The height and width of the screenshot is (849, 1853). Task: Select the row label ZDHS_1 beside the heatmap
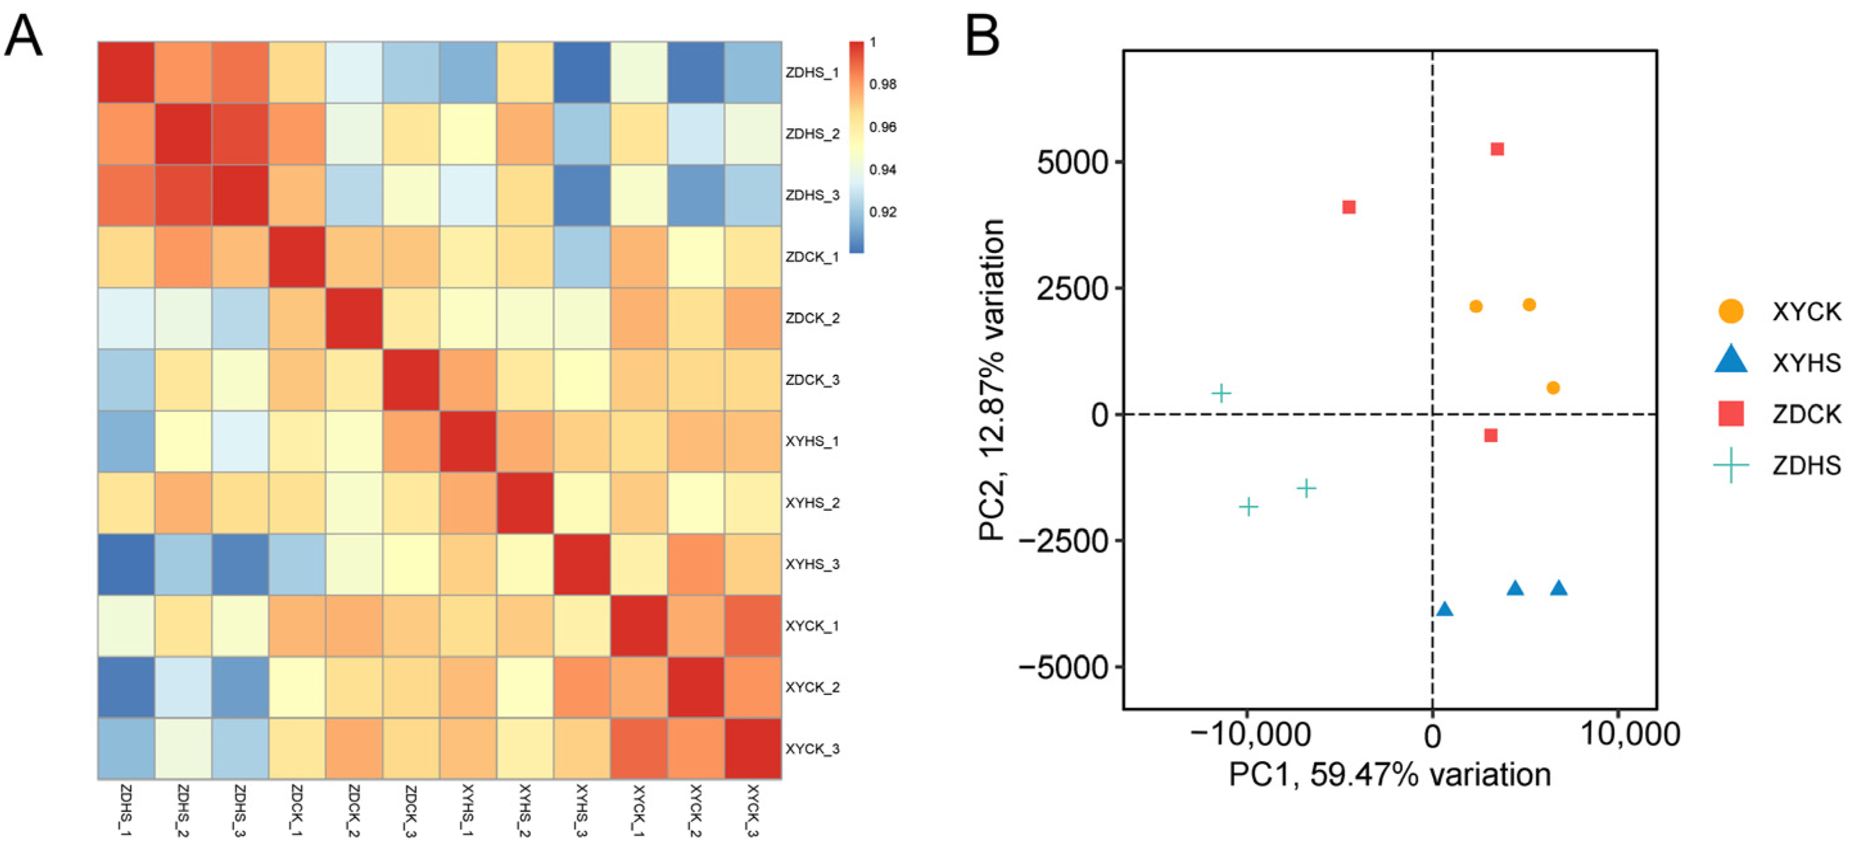pos(812,73)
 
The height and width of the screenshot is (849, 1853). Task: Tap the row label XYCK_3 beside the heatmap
pos(812,749)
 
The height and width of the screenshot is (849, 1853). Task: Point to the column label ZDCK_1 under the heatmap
pos(297,810)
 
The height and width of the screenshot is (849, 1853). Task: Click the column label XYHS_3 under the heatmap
pos(581,810)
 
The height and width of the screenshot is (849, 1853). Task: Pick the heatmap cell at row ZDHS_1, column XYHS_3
pos(581,73)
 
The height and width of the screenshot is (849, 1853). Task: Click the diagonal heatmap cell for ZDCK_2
pos(353,318)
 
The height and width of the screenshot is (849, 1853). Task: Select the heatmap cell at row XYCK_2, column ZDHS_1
pos(126,687)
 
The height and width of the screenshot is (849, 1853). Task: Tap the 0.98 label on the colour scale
pos(883,84)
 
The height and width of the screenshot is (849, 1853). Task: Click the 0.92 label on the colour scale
pos(883,212)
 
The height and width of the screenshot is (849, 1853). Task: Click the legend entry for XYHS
pos(1777,363)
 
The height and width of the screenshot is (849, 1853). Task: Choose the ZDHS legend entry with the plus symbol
pos(1777,466)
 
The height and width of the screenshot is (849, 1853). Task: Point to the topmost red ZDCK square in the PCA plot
pos(1497,150)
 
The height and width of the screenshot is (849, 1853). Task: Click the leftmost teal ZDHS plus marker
pos(1221,393)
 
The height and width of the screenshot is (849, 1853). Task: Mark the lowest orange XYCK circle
pos(1553,388)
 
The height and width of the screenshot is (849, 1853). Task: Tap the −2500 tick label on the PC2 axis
pos(1063,540)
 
